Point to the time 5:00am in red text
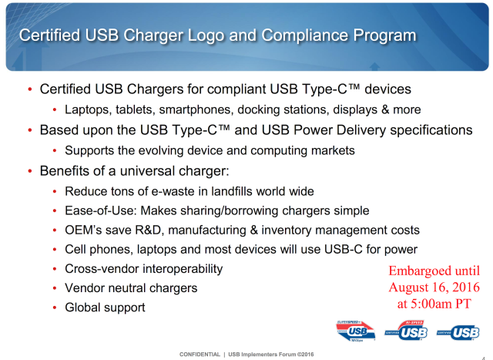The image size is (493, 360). [431, 303]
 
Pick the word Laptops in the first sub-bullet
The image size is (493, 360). [88, 109]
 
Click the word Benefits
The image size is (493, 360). [66, 170]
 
